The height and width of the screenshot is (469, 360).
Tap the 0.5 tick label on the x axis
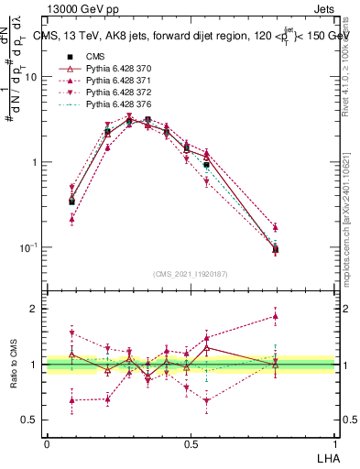191,442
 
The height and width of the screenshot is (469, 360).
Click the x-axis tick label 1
335,442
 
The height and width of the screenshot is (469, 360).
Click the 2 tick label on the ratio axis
36,309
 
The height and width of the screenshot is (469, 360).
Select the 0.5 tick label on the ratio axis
31,420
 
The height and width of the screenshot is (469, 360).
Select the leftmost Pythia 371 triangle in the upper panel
72,220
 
